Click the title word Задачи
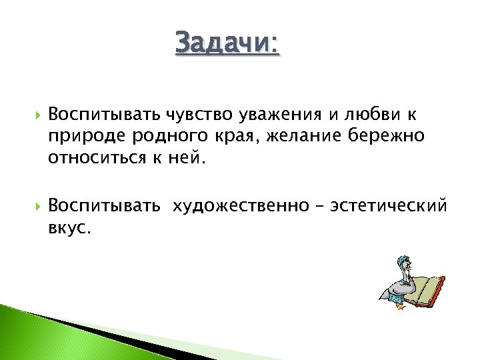pos(227,43)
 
